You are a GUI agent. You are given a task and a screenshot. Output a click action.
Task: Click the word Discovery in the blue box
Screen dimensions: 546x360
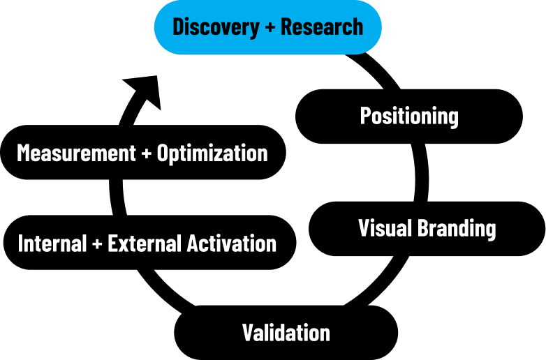216,27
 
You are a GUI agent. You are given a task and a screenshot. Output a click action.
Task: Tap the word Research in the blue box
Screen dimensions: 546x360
322,27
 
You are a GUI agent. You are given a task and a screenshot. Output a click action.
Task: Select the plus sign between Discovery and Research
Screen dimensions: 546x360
270,27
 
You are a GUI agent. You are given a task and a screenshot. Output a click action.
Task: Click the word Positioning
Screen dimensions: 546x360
409,117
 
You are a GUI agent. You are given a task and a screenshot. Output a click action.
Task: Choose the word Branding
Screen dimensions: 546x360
457,229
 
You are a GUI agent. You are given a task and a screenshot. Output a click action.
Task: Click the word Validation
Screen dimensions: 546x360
286,333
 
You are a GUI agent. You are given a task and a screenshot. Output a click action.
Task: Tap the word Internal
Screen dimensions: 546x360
52,243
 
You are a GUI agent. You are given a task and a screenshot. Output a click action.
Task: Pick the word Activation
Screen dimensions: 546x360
232,243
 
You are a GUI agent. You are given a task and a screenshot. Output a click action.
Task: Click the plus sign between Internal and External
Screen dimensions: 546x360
97,243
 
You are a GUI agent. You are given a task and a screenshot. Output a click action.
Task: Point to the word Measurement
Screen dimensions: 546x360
76,153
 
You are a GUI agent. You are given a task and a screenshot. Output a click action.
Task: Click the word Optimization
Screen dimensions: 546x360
212,153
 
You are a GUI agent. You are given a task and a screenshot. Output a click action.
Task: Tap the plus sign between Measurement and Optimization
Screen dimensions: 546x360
147,153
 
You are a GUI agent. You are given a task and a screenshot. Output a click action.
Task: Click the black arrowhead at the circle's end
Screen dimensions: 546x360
145,91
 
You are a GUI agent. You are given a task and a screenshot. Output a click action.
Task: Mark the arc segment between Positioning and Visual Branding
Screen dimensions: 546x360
421,172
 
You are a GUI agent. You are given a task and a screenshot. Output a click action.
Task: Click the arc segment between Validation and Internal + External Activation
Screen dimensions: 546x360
163,290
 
